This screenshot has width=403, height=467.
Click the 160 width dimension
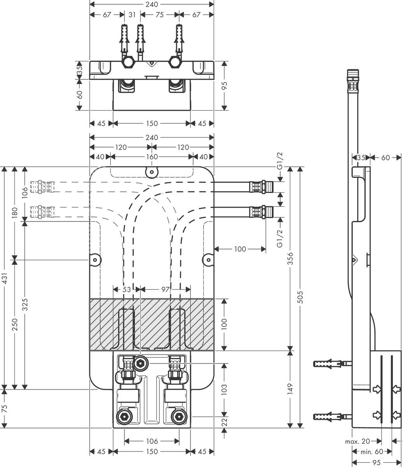152,157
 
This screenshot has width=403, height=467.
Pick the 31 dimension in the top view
132,15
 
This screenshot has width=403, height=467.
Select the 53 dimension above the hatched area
127,289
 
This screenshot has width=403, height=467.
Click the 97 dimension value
165,289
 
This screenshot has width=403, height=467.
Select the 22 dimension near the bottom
224,422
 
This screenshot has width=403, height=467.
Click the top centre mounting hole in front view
152,171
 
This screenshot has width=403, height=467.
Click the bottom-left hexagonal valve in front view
124,416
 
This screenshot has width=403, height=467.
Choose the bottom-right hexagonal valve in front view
179,416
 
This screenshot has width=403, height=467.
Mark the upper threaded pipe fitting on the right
263,187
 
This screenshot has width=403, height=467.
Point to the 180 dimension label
14,213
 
